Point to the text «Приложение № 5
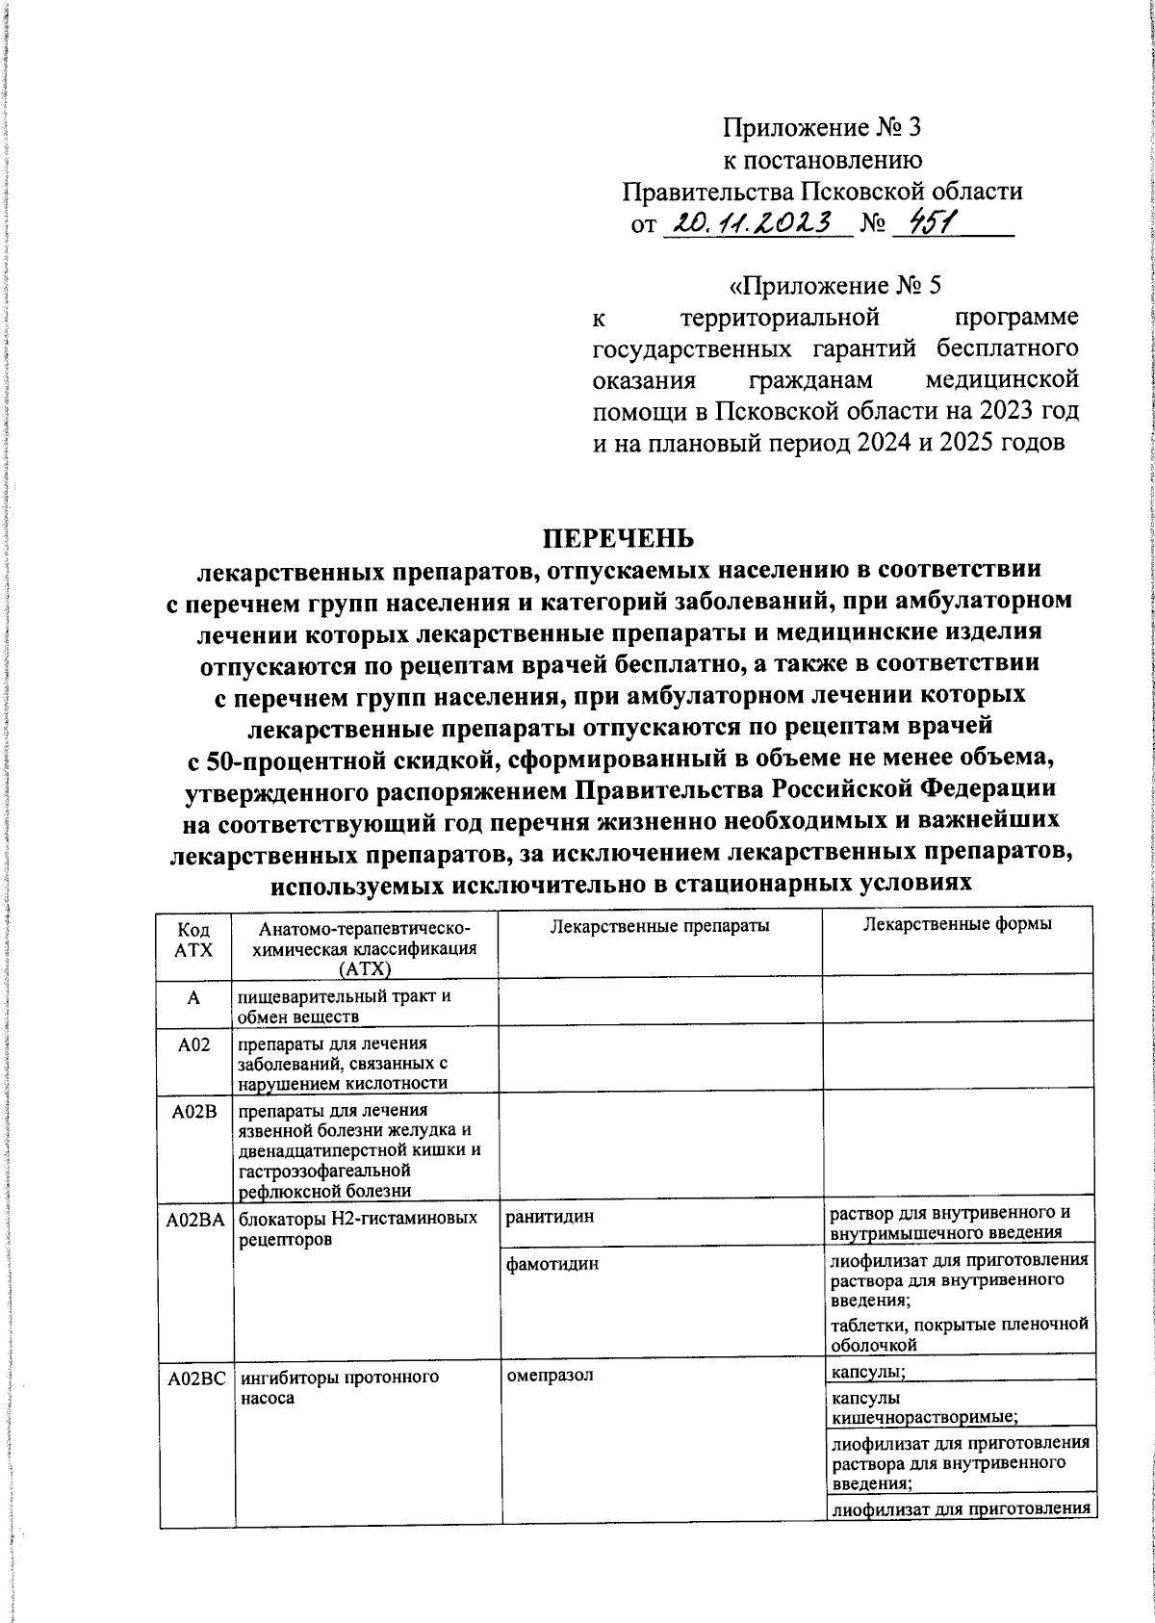833,286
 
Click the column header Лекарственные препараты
659,926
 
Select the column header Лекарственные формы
957,924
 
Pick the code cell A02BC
195,1378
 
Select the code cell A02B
195,1112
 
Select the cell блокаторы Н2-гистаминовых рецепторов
358,1228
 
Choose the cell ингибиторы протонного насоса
339,1387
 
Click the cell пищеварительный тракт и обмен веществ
345,1006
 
